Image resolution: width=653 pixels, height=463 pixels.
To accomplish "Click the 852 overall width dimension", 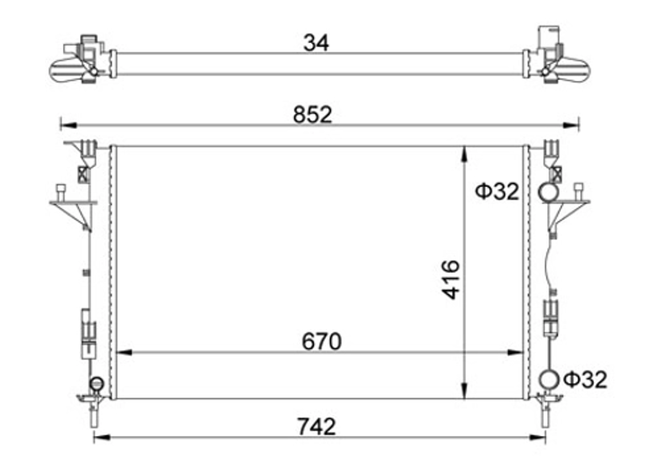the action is pyautogui.click(x=312, y=114).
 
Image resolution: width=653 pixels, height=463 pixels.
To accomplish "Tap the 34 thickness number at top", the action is pyautogui.click(x=316, y=43).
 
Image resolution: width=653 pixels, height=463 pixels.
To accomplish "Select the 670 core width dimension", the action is pyautogui.click(x=322, y=341).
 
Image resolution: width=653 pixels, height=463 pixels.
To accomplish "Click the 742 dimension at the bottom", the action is pyautogui.click(x=316, y=426).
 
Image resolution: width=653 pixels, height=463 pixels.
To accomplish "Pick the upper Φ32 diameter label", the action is pyautogui.click(x=497, y=191).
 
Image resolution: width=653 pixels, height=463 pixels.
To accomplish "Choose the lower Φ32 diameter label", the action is pyautogui.click(x=585, y=379).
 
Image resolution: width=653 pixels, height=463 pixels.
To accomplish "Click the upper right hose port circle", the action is pyautogui.click(x=548, y=192).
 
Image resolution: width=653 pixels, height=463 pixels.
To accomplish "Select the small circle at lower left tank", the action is pyautogui.click(x=96, y=383).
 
